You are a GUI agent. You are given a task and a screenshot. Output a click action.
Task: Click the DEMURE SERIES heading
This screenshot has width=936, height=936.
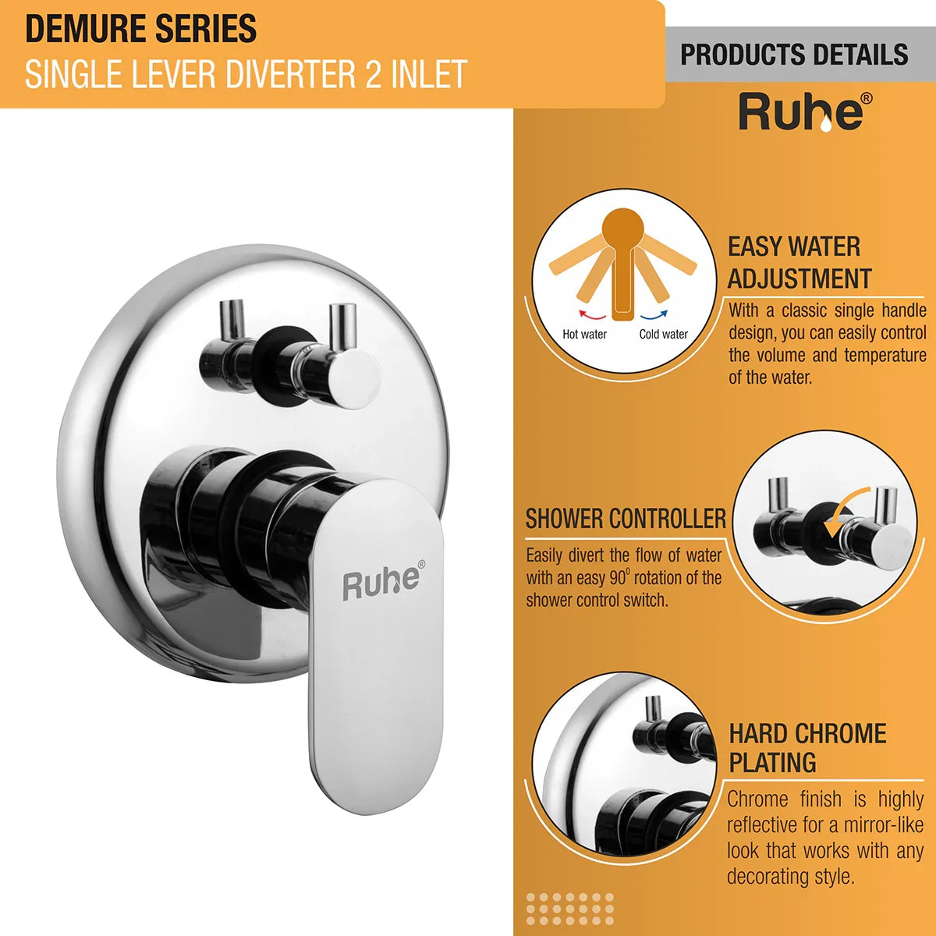click(x=141, y=29)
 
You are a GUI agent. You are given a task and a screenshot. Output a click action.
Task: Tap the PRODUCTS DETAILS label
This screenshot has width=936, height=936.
click(x=794, y=55)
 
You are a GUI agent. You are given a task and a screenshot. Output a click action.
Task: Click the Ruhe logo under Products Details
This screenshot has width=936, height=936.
click(x=805, y=112)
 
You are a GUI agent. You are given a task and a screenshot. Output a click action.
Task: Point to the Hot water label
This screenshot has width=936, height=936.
click(x=584, y=334)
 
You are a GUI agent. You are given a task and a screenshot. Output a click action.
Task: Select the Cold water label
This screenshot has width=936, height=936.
click(x=664, y=334)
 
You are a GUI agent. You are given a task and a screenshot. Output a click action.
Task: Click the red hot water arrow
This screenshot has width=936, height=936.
click(x=592, y=315)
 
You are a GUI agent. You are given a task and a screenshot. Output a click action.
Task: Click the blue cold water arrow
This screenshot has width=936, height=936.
click(x=654, y=315)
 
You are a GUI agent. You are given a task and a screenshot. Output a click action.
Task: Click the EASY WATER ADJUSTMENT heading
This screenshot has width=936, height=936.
click(x=799, y=262)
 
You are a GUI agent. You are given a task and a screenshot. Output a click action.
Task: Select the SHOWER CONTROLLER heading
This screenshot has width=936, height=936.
click(x=626, y=519)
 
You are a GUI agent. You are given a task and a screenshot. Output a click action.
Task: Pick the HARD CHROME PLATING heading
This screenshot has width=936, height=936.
click(x=807, y=748)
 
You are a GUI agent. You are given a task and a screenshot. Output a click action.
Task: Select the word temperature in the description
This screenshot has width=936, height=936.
click(x=885, y=356)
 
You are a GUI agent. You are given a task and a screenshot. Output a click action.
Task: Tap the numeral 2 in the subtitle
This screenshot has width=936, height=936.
click(x=373, y=74)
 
